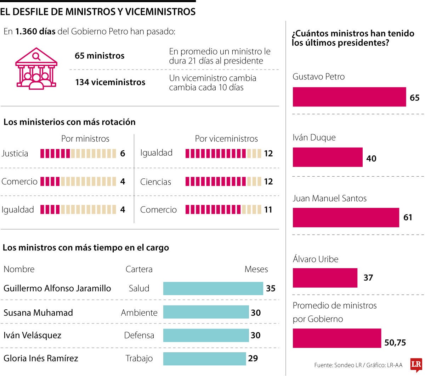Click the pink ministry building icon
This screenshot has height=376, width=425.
click(36, 68)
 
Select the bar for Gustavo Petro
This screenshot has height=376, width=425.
click(349, 97)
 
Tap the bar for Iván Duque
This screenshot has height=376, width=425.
click(328, 157)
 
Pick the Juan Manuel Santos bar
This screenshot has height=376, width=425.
click(346, 217)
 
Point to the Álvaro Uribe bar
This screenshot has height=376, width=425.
click(325, 278)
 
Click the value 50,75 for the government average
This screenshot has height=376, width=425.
click(395, 343)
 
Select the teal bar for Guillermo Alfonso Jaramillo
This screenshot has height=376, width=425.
click(213, 288)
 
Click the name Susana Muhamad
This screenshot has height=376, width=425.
click(38, 313)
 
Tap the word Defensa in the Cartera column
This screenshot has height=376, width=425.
click(139, 335)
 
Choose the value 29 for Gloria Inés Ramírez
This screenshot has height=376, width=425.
click(253, 358)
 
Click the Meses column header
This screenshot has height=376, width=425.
click(256, 269)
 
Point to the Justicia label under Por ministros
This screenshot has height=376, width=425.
click(15, 154)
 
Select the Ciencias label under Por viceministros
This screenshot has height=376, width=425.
click(155, 182)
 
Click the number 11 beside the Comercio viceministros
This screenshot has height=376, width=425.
click(268, 210)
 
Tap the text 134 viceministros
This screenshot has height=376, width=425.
click(110, 82)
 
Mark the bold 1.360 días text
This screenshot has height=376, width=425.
click(35, 32)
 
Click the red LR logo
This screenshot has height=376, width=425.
click(416, 365)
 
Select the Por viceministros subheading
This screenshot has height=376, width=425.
click(226, 139)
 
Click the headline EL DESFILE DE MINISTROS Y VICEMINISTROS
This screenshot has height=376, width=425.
click(98, 12)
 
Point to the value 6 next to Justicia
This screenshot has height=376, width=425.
click(123, 154)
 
